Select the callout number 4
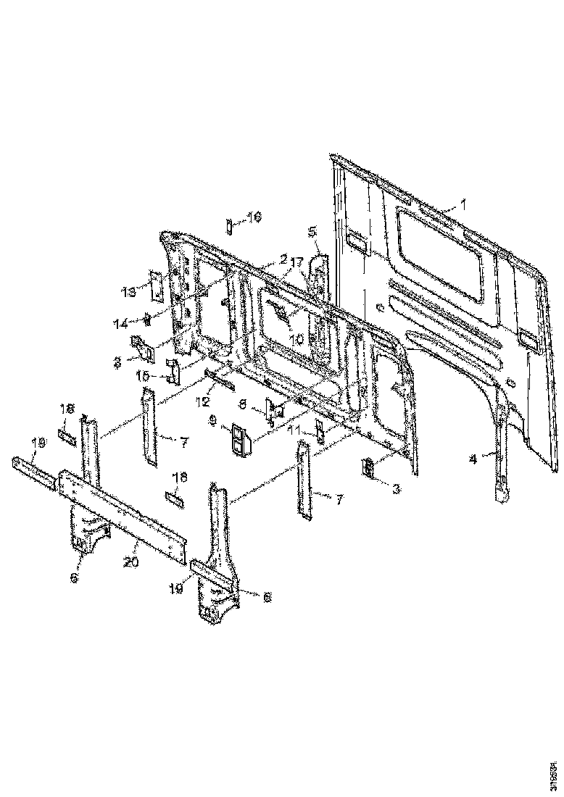point(473,457)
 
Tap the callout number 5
point(312,232)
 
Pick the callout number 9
point(212,420)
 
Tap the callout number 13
point(128,292)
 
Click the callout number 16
point(253,217)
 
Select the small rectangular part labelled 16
point(228,225)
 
